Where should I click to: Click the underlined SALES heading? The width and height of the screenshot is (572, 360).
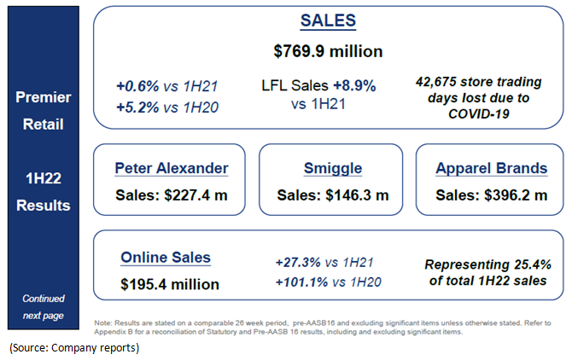(x=328, y=20)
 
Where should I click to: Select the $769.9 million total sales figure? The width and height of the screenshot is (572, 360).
(x=328, y=50)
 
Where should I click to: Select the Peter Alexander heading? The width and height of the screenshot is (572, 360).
(x=172, y=168)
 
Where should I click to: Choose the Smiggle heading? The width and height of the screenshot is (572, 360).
(x=332, y=168)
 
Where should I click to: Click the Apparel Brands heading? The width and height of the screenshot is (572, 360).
(x=491, y=168)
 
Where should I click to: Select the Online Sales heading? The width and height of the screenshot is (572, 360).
(x=166, y=257)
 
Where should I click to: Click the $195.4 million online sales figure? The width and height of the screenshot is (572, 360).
(x=170, y=284)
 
